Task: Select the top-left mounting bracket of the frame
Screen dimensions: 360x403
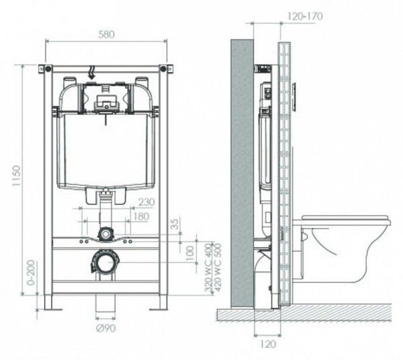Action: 46,68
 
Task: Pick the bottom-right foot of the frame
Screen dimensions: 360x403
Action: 159,302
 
